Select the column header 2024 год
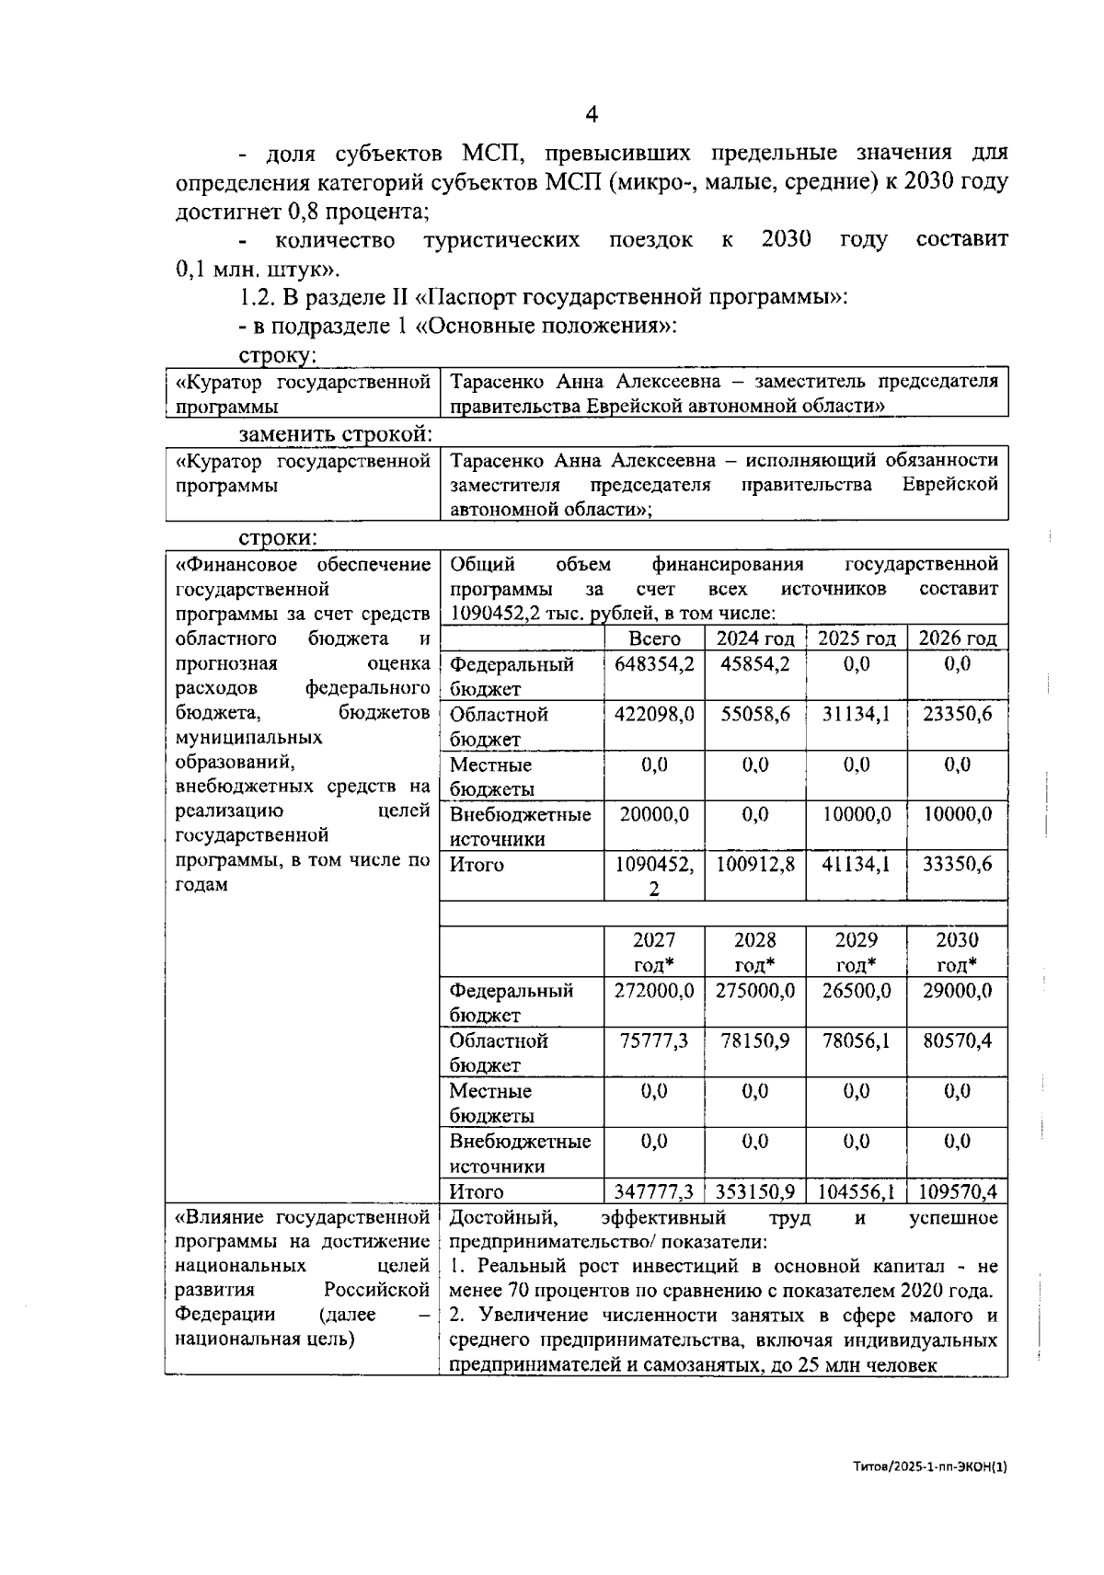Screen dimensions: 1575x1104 [755, 638]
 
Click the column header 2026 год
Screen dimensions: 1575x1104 [957, 638]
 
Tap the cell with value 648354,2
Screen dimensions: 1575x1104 [654, 664]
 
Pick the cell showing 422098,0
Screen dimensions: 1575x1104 [654, 714]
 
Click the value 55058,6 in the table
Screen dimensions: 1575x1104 [755, 714]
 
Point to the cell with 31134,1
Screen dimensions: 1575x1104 [856, 714]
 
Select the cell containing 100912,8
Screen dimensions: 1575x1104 [755, 865]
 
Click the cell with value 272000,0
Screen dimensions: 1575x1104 [654, 991]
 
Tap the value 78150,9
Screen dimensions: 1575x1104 [755, 1040]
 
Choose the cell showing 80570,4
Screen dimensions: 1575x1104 [957, 1040]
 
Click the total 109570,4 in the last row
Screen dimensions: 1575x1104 [957, 1192]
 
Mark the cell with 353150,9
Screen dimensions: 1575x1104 [755, 1192]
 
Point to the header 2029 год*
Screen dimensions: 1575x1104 [856, 952]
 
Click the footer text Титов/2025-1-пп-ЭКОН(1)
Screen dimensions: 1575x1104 [930, 1468]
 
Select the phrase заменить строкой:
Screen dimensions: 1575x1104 [336, 433]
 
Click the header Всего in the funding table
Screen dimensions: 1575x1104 [654, 638]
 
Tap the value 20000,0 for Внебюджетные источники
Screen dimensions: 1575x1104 [654, 814]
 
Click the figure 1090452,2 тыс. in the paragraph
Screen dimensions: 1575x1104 [506, 614]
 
